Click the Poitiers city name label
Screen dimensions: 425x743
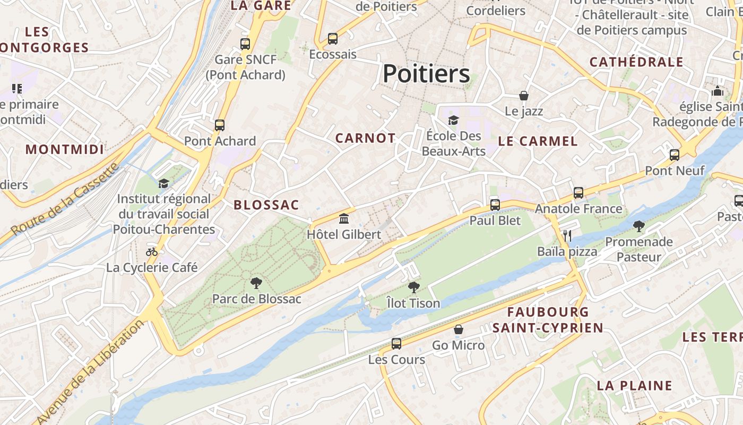[426, 74]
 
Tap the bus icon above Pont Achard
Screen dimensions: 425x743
[220, 125]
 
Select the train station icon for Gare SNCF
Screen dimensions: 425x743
[245, 44]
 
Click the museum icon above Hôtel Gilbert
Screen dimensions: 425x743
[344, 218]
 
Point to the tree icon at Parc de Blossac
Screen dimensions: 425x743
[256, 283]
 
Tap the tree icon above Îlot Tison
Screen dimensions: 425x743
[413, 287]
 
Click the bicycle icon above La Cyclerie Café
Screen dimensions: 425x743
[152, 252]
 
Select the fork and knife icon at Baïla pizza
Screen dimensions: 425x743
[567, 235]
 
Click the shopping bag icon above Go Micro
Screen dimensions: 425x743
[459, 329]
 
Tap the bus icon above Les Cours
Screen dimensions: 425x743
[396, 343]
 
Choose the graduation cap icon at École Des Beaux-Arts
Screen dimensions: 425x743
[453, 120]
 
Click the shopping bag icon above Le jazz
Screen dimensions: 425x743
[524, 96]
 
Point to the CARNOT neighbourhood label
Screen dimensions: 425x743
[365, 139]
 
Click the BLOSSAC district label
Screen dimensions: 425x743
[266, 205]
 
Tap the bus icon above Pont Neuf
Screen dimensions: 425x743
[675, 155]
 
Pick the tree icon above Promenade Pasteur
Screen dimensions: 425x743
[639, 226]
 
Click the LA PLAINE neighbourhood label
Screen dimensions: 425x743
[634, 386]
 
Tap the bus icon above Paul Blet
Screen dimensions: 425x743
[495, 205]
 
